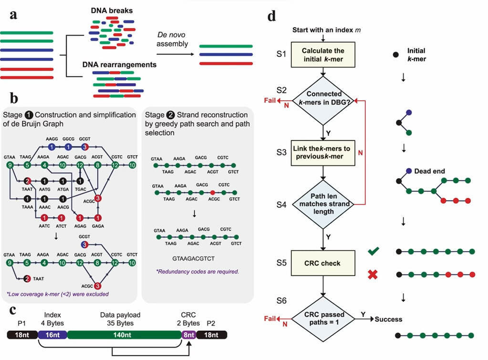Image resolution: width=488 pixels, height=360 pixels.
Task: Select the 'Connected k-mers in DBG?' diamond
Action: coord(324,101)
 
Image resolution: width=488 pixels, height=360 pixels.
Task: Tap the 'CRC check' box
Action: coord(324,263)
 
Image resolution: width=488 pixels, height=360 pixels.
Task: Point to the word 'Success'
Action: coord(388,319)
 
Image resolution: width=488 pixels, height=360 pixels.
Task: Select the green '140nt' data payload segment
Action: coord(125,335)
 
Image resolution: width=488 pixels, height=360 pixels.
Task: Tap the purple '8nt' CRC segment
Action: coord(189,335)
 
